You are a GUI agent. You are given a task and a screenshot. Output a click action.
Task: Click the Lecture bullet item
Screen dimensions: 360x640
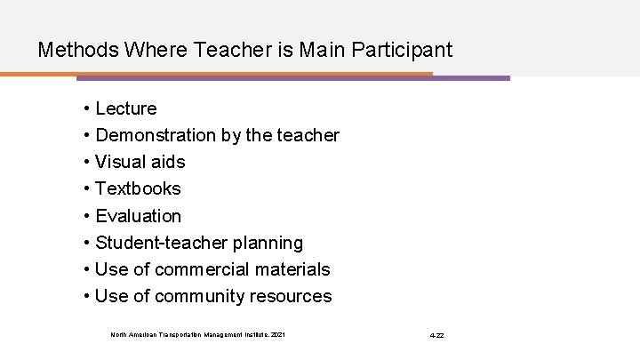(x=125, y=108)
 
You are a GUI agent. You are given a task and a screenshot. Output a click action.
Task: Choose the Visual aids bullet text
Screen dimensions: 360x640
(x=140, y=162)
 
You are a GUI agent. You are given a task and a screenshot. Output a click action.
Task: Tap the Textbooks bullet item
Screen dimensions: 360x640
(x=138, y=188)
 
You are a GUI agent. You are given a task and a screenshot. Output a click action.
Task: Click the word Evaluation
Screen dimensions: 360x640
(x=138, y=215)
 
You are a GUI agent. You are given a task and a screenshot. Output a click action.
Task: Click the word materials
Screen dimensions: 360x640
(x=292, y=268)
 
